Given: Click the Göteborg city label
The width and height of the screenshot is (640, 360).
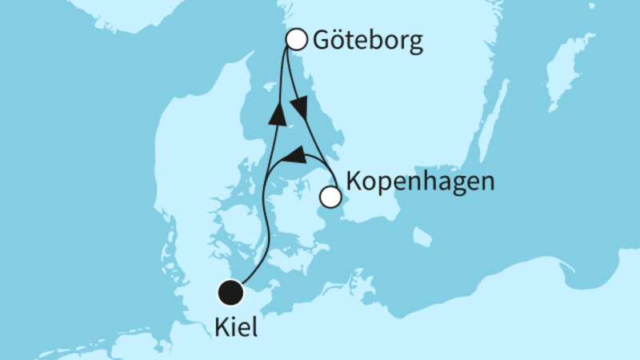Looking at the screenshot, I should coord(369,41).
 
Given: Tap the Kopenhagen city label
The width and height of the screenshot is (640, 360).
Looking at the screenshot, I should coord(422,182).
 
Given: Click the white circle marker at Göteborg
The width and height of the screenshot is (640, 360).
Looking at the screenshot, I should coord(297,38).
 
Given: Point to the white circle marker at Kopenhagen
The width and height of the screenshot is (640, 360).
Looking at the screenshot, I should coord(330,196).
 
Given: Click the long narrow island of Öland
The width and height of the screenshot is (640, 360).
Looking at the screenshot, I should coord(492,120).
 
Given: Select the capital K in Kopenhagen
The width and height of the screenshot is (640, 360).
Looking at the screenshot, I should coord(354,182).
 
